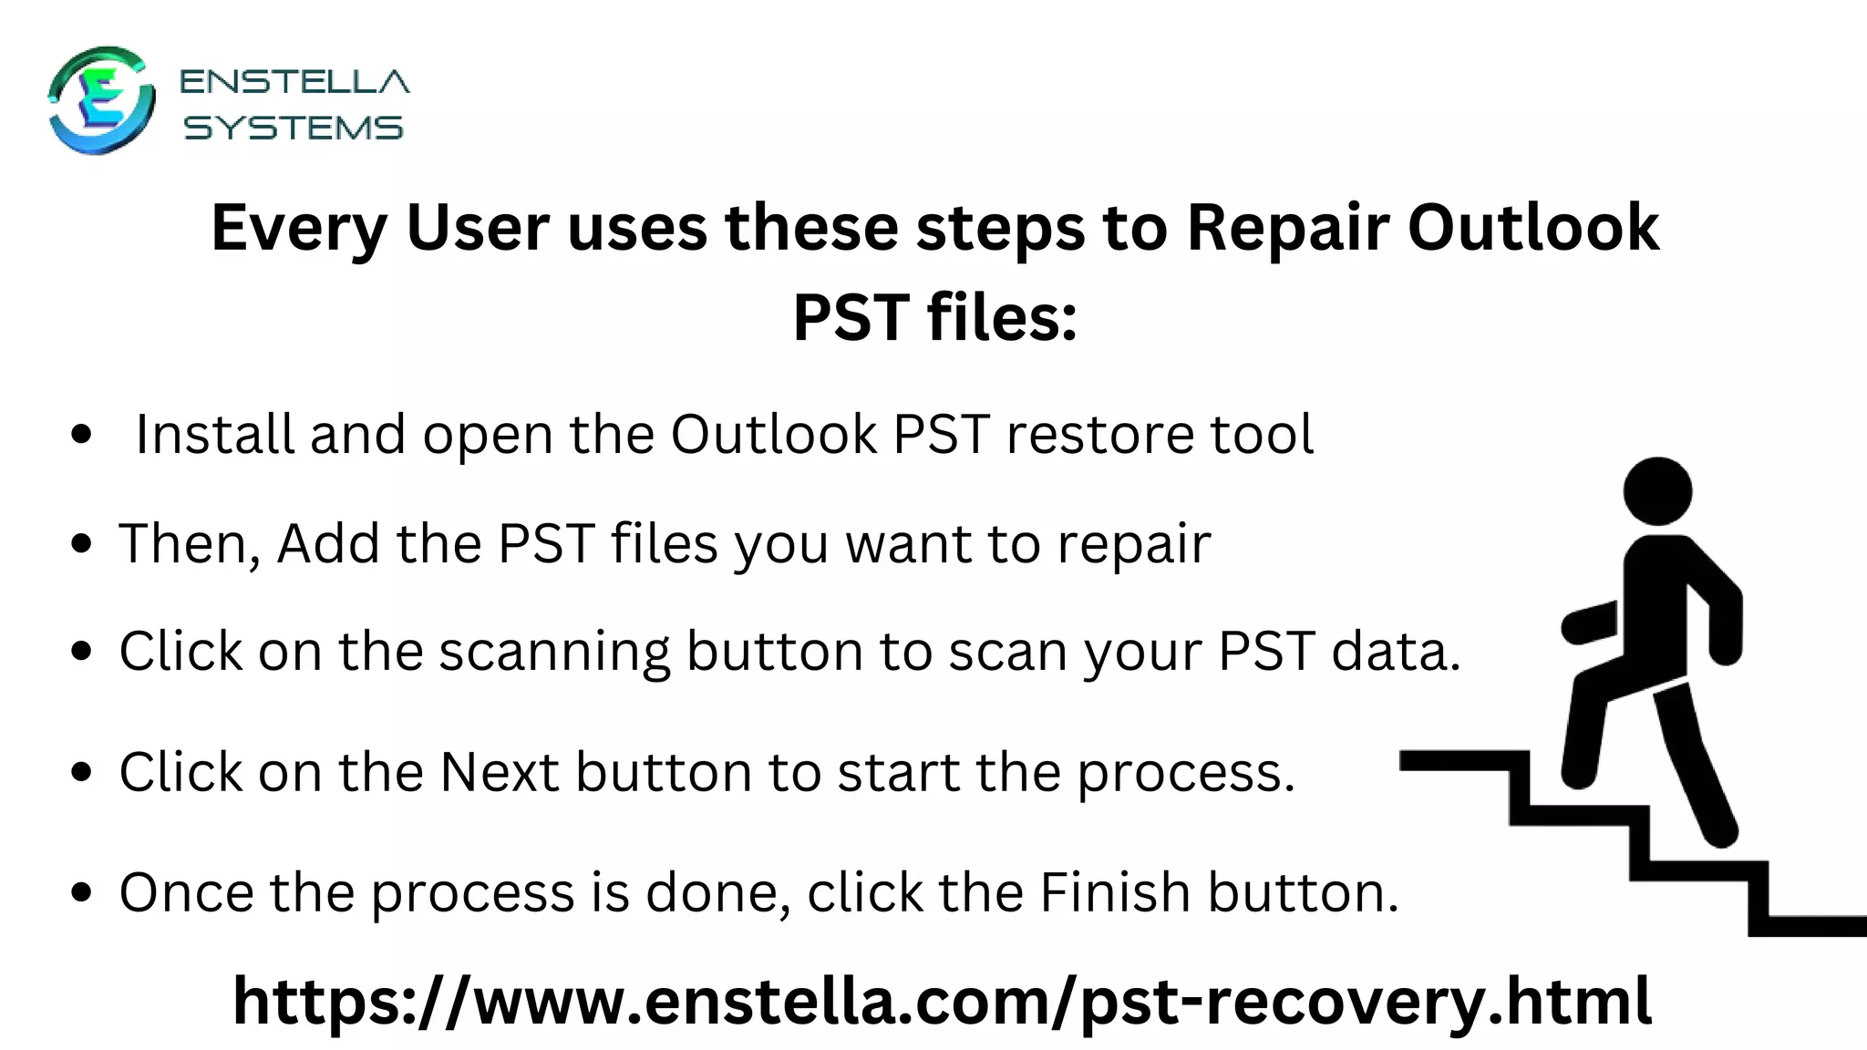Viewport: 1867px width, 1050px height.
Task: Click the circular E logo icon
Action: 100,100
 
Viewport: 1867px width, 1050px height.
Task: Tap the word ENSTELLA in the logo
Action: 294,82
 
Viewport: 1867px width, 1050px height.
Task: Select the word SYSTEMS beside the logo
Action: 294,128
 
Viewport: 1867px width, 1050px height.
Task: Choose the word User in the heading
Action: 478,228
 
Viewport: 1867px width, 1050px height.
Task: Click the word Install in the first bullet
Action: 215,434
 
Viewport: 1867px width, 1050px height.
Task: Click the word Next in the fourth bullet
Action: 500,772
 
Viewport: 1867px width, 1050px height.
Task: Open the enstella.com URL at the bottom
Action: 942,1001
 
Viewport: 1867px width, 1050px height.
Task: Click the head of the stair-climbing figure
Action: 1657,491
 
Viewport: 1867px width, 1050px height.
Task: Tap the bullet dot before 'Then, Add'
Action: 82,545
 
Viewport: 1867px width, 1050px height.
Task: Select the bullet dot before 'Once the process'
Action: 82,893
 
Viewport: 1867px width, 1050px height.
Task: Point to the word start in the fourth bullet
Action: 899,772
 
